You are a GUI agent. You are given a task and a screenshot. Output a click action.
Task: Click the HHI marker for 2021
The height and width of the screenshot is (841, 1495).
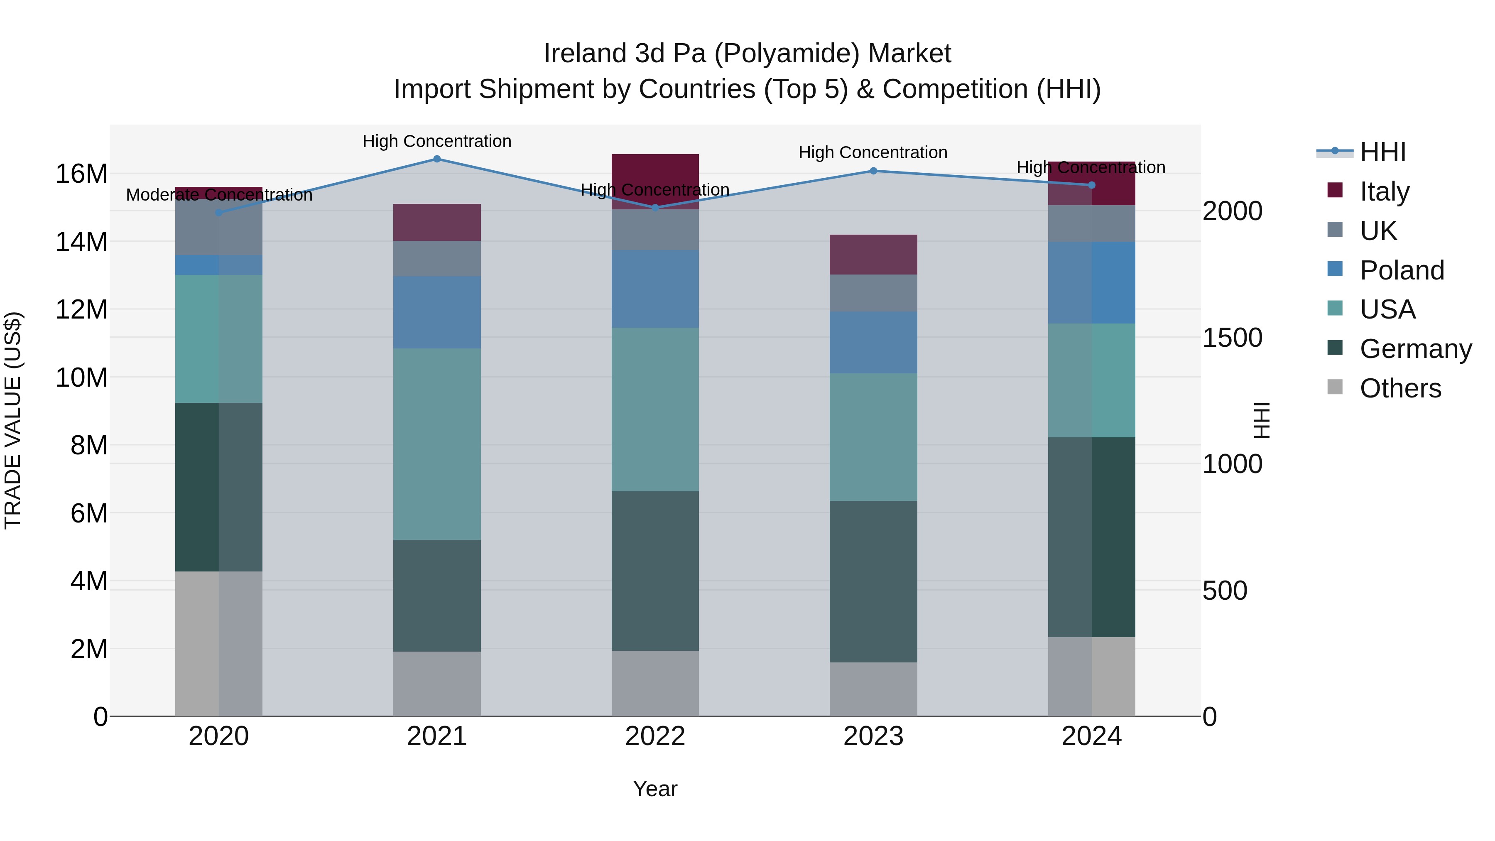pos(437,159)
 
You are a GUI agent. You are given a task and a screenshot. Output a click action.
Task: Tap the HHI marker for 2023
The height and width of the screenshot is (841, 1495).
pos(873,171)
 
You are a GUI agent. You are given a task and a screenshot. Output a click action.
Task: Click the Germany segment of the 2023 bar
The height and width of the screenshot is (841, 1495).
pos(873,581)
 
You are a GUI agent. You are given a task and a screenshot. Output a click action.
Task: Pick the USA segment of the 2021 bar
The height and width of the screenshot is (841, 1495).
pos(437,444)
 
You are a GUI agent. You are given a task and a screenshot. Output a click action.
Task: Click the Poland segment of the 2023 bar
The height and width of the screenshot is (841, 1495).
pos(873,343)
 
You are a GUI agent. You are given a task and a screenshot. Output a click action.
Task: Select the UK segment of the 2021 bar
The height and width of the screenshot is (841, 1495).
pos(437,258)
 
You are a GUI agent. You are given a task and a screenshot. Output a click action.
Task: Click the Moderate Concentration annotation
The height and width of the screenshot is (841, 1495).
pos(219,195)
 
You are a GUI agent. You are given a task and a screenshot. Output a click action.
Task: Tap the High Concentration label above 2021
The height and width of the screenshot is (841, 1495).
pos(437,141)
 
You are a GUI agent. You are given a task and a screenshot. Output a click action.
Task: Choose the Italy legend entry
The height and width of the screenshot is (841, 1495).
pos(1384,191)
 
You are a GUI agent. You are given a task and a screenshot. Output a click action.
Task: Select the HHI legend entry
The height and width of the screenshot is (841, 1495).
pos(1382,152)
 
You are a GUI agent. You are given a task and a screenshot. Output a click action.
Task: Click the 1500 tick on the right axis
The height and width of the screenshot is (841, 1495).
pos(1232,338)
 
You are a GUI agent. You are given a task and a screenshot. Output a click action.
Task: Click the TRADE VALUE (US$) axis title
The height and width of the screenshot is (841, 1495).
pos(13,420)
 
